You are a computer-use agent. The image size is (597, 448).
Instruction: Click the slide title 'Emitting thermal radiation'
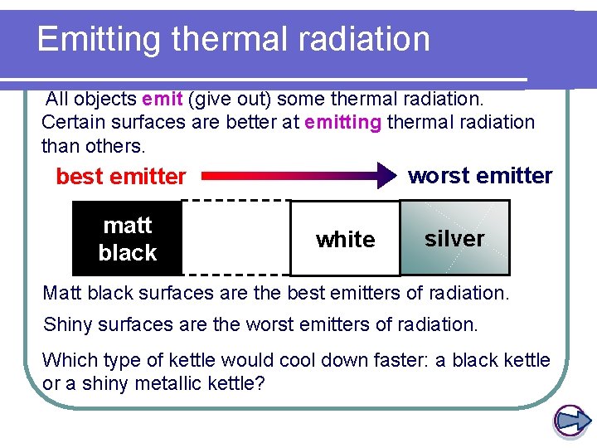[233, 39]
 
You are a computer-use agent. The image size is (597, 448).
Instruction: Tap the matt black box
[127, 239]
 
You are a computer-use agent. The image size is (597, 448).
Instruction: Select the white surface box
[345, 240]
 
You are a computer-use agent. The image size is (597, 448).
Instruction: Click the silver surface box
[454, 239]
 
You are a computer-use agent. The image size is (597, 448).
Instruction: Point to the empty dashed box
[235, 237]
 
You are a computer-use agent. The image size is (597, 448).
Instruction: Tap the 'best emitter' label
[120, 177]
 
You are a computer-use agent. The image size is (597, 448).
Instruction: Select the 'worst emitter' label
[480, 176]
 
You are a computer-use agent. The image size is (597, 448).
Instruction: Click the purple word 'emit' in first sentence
[162, 100]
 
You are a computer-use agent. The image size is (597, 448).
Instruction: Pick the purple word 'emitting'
[342, 123]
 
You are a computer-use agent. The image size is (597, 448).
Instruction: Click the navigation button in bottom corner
[570, 421]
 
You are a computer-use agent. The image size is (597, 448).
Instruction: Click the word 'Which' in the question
[66, 360]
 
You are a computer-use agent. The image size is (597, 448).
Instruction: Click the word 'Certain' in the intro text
[70, 123]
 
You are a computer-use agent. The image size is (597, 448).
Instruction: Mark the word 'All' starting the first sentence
[57, 100]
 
